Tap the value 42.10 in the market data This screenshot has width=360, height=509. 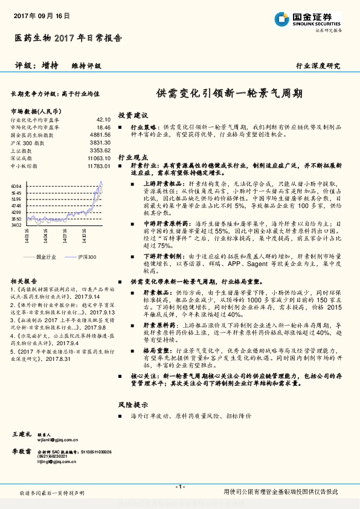(103, 120)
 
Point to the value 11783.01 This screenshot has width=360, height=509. (99, 165)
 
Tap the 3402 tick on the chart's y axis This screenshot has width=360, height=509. (16, 224)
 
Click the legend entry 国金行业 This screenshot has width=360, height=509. (46, 257)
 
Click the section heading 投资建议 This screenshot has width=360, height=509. (132, 115)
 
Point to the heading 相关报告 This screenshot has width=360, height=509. (25, 281)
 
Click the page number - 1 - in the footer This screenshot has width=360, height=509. (179, 487)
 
